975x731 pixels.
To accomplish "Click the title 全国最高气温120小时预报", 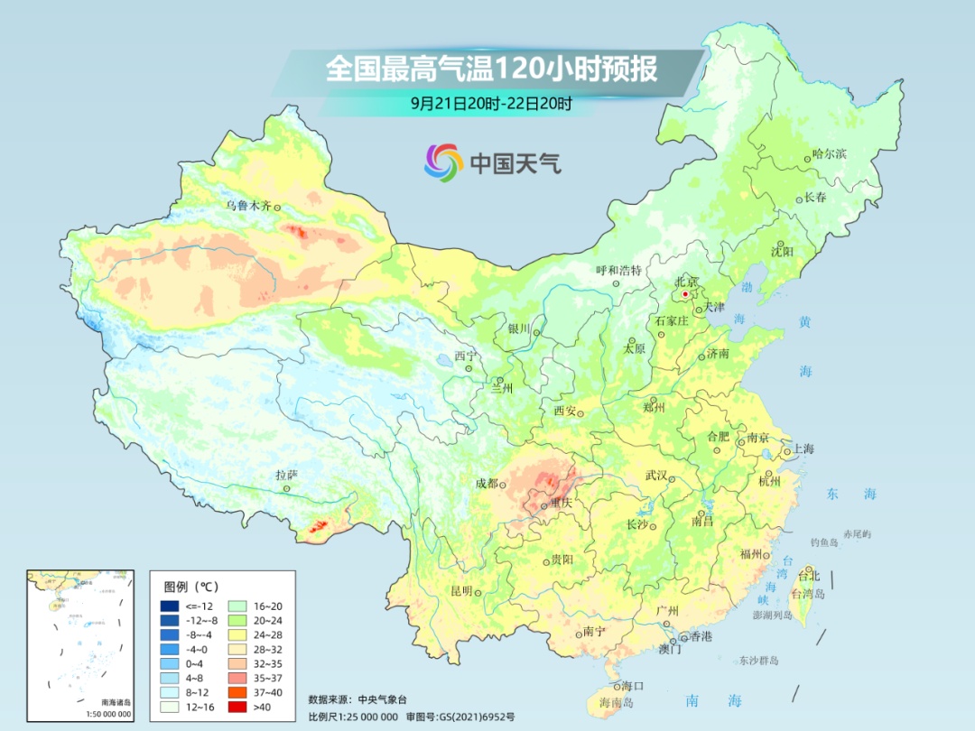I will tap(491, 69).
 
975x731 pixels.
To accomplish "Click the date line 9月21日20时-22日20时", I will tap(491, 103).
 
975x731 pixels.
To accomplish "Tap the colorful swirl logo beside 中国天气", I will tap(443, 162).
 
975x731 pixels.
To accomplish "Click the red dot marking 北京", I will tap(685, 294).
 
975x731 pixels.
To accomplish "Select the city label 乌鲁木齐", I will tap(247, 206).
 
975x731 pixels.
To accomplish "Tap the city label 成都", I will tap(487, 483).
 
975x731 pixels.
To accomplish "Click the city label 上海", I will tap(803, 449).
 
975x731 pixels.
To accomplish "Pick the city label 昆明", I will tap(460, 591).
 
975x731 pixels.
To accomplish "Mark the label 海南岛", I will tap(617, 702).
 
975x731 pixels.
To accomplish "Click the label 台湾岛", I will tap(807, 595).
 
